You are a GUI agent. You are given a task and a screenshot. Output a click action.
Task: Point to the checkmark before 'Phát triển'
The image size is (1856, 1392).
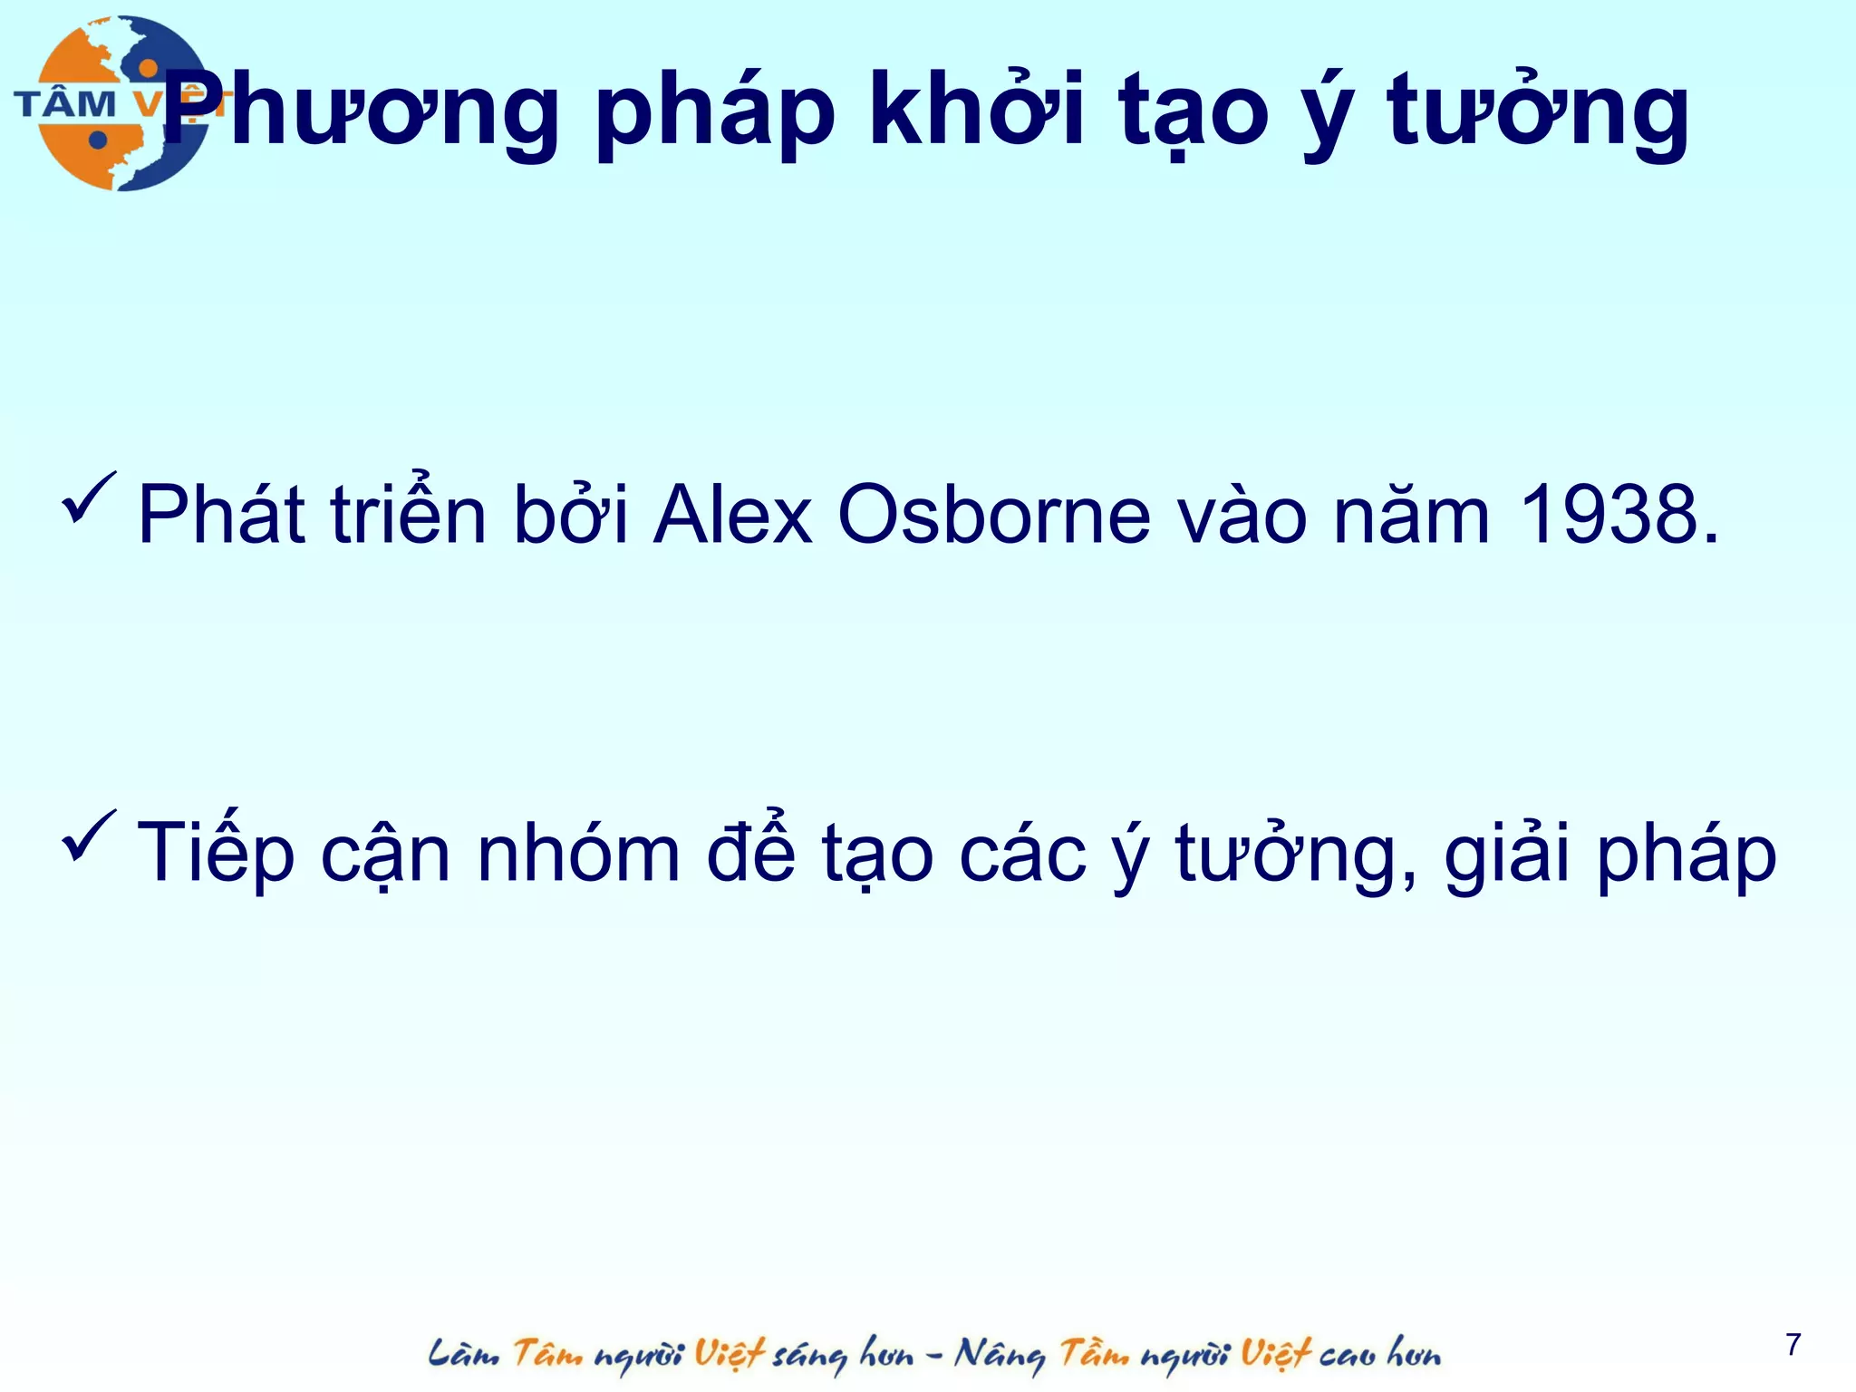point(89,498)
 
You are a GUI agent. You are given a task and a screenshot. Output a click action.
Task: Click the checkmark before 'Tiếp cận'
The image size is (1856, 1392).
point(89,836)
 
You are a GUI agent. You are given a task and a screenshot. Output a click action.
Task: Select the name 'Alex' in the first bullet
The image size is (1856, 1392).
point(732,516)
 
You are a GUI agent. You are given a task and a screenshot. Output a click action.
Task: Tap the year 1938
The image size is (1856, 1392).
point(1618,516)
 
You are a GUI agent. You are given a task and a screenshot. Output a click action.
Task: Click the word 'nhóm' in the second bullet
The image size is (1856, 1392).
point(578,853)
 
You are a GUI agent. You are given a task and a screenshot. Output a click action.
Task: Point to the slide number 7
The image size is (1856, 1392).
point(1793,1345)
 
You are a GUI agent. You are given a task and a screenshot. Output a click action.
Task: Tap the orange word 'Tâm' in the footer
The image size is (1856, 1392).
point(547,1354)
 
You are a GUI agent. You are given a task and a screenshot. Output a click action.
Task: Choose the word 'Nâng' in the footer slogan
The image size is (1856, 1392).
point(999,1354)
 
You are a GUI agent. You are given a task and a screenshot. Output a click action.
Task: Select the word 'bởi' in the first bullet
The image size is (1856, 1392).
point(570,516)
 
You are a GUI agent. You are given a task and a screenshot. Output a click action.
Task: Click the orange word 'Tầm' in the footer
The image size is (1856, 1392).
point(1095,1354)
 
